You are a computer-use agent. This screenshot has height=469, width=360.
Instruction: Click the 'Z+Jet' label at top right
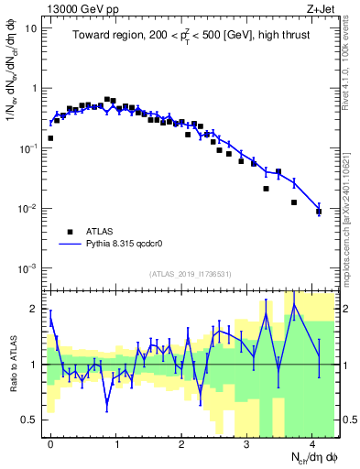tap(321, 8)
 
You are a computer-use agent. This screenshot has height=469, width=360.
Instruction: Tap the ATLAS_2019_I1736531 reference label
tap(191, 274)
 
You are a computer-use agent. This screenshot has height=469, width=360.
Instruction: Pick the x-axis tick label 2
tap(181, 442)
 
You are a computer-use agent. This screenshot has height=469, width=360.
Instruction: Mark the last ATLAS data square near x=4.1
tap(319, 212)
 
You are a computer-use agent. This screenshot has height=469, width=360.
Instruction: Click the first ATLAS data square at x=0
tap(50, 138)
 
